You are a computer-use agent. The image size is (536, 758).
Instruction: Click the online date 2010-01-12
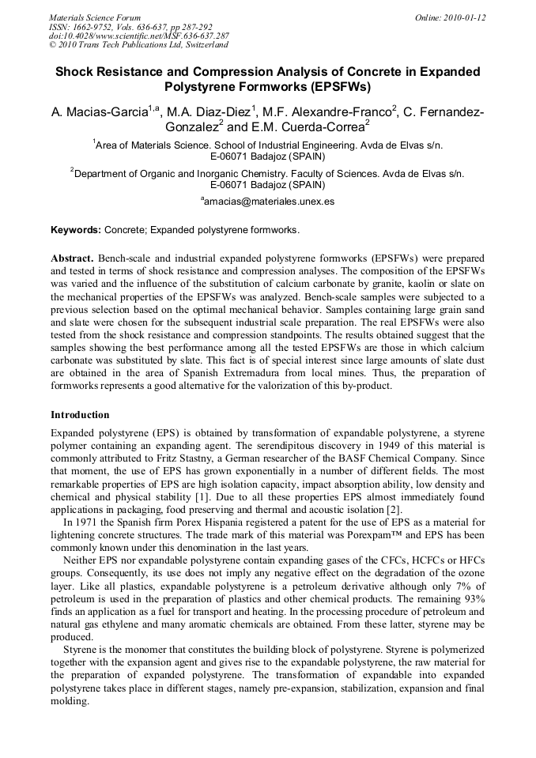tap(467, 17)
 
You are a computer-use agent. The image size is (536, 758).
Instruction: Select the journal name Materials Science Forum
tap(95, 17)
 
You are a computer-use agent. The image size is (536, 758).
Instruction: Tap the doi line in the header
tap(138, 36)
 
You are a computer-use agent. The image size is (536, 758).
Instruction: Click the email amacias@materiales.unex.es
tap(269, 202)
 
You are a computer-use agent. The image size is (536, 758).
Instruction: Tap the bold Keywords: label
tap(76, 230)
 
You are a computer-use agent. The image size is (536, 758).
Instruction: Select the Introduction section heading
tap(80, 414)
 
